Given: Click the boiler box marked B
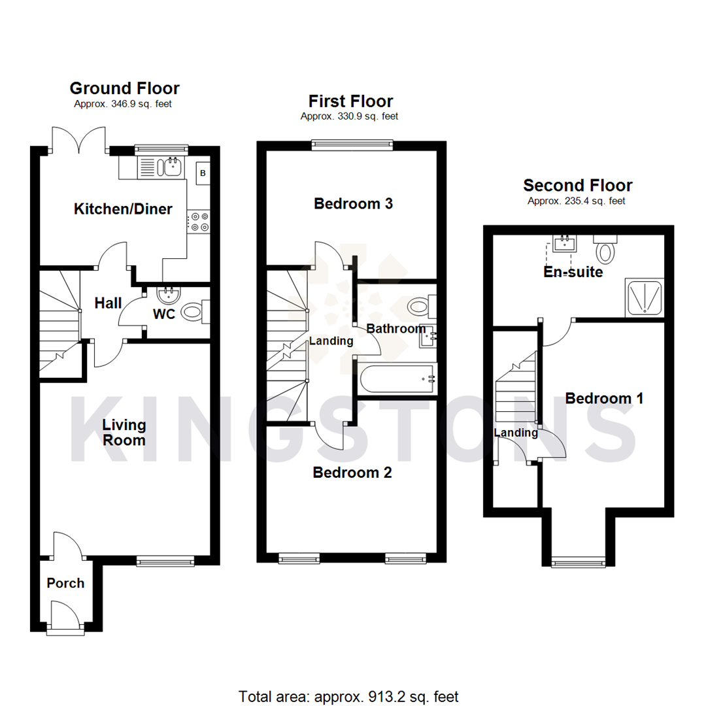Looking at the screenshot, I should point(203,173).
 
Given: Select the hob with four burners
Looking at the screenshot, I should point(199,221).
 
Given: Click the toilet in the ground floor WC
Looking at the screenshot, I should point(193,312).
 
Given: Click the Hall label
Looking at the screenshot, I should point(108,303).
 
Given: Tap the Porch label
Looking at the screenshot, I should point(65,583).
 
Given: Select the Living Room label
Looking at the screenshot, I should point(124,433).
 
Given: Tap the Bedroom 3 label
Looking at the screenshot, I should point(353,204).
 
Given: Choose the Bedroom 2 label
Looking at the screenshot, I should point(352,473).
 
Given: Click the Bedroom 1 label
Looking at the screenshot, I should point(604,398).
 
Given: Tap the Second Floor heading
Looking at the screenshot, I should point(577,186).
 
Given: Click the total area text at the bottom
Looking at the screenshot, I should point(348,696).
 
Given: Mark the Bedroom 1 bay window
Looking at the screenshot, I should point(577,561).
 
